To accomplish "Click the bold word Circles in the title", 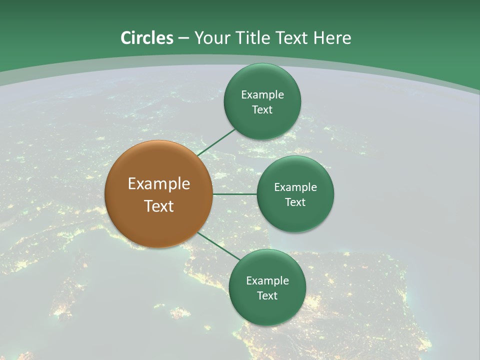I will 147,38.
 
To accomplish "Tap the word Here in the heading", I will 332,38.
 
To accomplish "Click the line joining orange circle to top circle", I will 216,142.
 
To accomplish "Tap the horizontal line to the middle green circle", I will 234,193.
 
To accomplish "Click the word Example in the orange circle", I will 159,183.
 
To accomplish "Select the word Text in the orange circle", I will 159,206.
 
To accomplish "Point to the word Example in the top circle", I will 262,94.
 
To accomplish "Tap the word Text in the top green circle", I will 262,109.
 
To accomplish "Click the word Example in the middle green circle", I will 295,187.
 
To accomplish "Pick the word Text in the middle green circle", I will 295,202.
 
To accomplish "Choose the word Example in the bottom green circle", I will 267,280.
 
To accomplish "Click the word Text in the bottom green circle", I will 267,295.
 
